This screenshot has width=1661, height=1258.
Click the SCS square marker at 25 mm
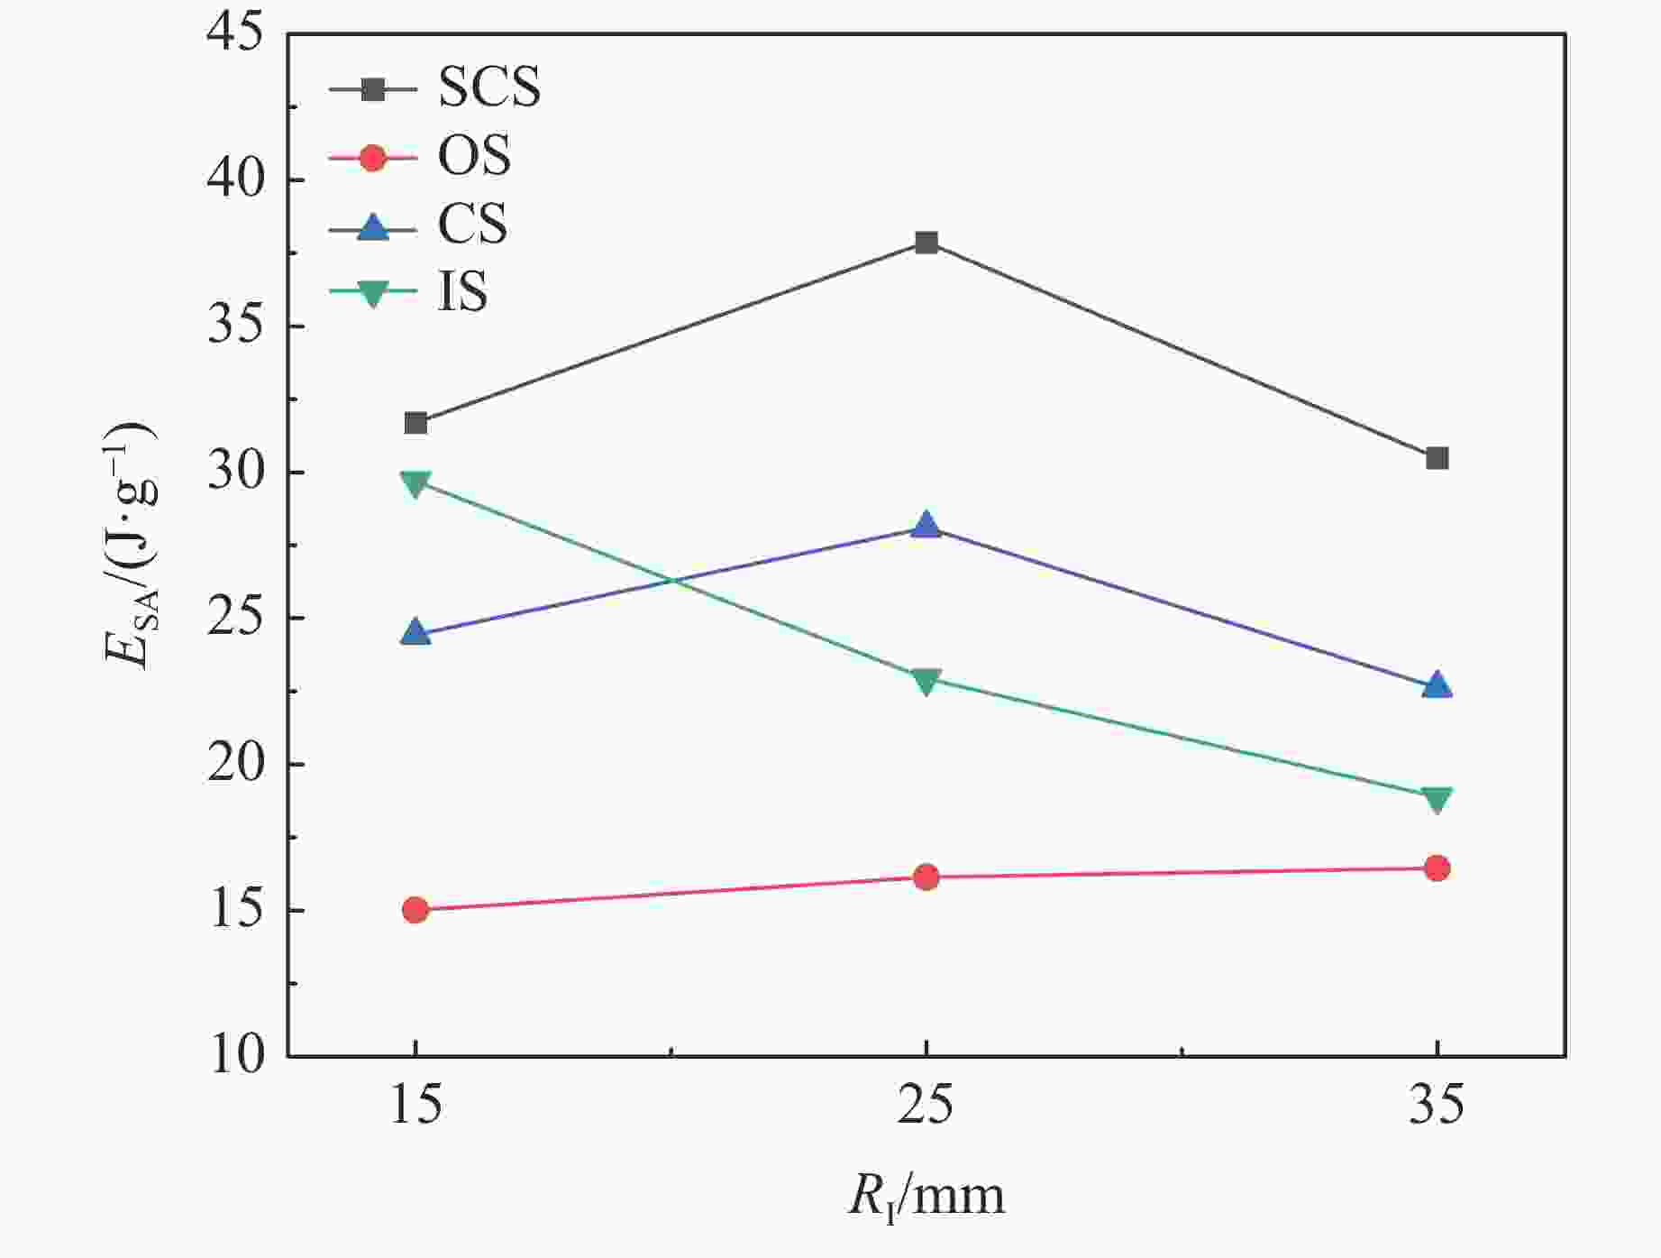point(926,243)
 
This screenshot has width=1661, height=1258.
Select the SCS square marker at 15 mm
point(415,423)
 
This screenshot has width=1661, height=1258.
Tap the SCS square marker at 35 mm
point(1437,458)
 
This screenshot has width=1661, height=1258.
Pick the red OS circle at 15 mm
point(415,909)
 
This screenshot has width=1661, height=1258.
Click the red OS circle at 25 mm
point(926,877)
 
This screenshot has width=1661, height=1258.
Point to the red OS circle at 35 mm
point(1437,868)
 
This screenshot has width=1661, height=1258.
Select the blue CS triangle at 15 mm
point(415,632)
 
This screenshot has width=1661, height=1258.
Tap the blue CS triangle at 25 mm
point(926,526)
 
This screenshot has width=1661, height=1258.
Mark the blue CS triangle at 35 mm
point(1437,686)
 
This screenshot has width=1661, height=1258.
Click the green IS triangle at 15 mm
point(415,484)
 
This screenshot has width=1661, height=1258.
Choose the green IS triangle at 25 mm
point(926,681)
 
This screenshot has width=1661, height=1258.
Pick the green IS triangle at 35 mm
point(1437,800)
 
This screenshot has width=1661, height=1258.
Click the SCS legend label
point(489,87)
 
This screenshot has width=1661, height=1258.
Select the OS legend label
point(474,156)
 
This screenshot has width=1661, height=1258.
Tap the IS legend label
point(462,291)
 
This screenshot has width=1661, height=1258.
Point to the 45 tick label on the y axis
point(236,34)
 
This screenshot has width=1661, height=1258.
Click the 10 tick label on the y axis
point(236,1055)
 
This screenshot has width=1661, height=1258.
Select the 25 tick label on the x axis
point(926,1105)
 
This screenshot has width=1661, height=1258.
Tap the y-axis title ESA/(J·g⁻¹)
point(132,545)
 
